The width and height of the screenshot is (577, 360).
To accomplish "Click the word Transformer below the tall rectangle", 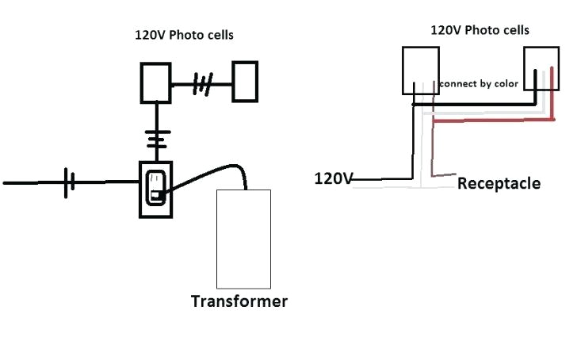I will point(239,301).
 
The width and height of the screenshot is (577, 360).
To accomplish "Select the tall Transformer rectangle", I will point(243,239).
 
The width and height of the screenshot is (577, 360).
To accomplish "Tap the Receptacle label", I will point(499,183).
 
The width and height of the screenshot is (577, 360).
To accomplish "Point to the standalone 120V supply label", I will point(334,178).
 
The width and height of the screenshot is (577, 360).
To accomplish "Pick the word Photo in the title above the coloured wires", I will point(483,30).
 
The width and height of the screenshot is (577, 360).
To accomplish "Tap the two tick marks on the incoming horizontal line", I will point(70,182).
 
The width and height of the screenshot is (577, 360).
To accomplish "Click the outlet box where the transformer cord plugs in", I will point(156,189).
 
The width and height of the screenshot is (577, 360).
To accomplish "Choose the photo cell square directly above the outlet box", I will point(156,82).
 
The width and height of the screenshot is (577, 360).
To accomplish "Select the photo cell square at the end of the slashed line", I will point(245,82).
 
